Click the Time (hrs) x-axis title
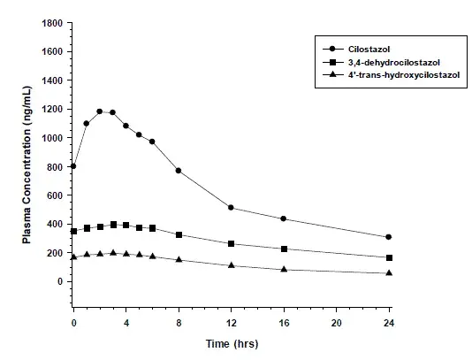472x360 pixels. pos(232,343)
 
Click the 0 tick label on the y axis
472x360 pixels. pos(60,281)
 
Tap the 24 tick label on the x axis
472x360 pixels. pos(389,324)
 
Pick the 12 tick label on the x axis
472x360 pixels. pos(232,324)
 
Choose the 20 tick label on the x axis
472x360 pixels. pos(337,324)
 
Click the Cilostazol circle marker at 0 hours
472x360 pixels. pos(73,166)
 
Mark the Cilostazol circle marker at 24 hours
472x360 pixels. pos(389,237)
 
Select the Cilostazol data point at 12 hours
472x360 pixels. pos(232,208)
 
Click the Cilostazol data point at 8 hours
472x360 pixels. pos(179,171)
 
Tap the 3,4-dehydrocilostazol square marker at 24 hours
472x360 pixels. pos(389,257)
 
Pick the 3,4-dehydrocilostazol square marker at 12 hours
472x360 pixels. pos(232,243)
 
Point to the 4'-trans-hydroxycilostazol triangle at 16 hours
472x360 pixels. pos(284,269)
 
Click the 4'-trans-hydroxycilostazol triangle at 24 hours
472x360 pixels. pos(389,272)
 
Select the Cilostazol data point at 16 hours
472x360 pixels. pos(284,218)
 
